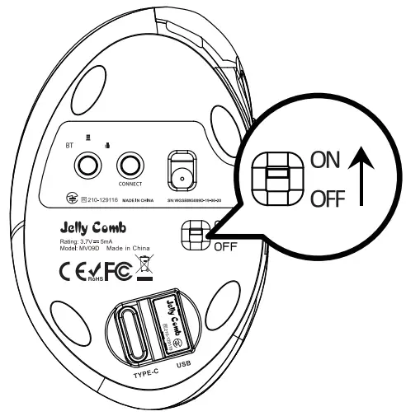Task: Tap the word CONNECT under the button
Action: pos(130,185)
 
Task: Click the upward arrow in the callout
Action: pos(360,180)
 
